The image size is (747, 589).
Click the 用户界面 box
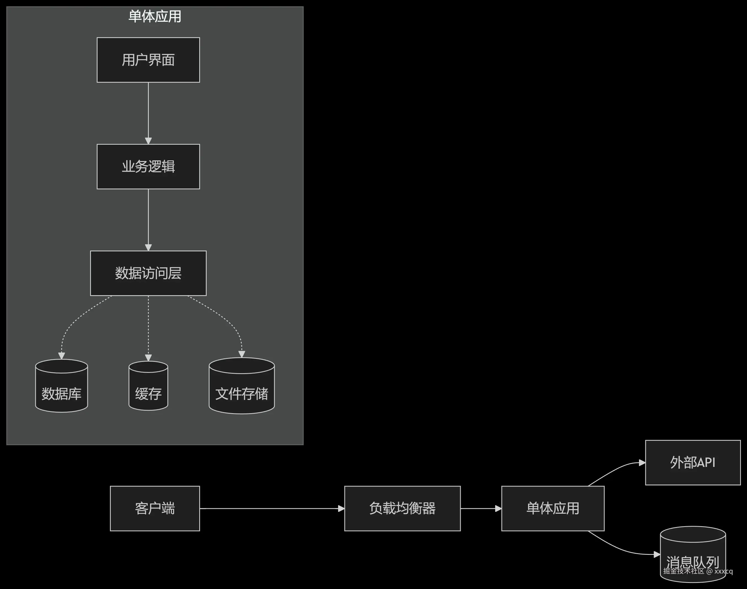coord(148,60)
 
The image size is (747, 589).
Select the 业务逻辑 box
coord(148,166)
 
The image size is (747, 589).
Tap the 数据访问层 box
coord(148,273)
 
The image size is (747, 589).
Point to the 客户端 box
coord(155,508)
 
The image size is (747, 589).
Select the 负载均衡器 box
coord(402,508)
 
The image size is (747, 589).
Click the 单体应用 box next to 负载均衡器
coord(552,508)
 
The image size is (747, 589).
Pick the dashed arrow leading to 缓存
coord(148,328)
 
